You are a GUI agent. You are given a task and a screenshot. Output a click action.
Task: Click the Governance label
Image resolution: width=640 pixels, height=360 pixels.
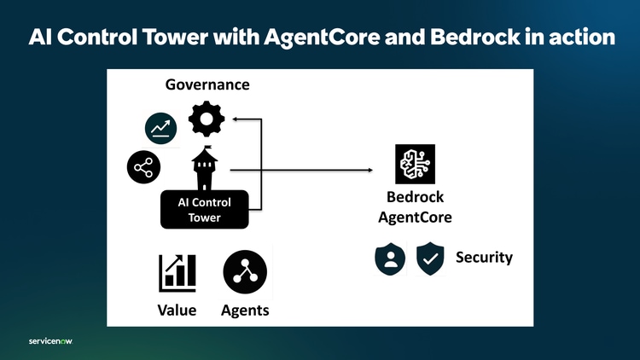click(x=207, y=85)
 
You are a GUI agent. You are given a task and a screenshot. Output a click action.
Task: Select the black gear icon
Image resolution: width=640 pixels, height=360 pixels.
click(x=207, y=119)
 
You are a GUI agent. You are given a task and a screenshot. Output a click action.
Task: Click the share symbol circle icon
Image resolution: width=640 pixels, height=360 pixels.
click(x=143, y=167)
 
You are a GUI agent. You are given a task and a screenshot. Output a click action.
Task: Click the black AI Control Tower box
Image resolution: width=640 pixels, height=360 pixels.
click(x=204, y=210)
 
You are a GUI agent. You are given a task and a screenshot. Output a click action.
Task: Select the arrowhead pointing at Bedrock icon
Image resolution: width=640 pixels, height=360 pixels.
click(x=370, y=171)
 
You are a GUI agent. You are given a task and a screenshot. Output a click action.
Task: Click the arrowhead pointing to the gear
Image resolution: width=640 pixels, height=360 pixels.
click(x=237, y=119)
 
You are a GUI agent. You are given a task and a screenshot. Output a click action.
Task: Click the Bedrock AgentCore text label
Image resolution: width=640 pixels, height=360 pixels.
click(x=415, y=207)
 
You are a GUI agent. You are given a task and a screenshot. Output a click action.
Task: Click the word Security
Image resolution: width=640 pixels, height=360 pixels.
click(x=484, y=257)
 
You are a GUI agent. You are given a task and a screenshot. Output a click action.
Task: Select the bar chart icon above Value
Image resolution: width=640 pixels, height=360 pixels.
click(x=177, y=272)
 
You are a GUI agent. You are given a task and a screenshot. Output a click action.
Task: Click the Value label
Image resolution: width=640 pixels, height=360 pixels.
click(x=177, y=311)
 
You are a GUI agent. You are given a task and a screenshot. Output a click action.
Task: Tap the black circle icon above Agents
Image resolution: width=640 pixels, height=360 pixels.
click(x=245, y=272)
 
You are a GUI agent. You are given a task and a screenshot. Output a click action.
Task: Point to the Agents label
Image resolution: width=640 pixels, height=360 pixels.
click(x=245, y=311)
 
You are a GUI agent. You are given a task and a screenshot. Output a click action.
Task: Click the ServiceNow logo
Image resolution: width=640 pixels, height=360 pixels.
click(x=50, y=340)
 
